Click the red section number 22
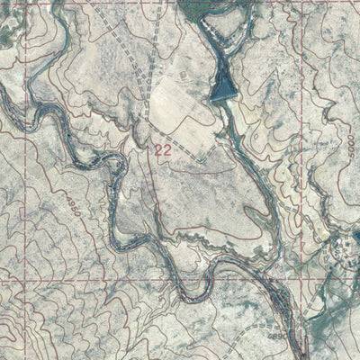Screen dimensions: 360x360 click(163, 150)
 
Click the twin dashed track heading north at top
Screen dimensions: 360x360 click(158, 18)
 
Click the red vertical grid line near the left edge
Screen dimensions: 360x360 click(34, 180)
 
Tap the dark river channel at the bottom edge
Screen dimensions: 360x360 click(302, 353)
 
